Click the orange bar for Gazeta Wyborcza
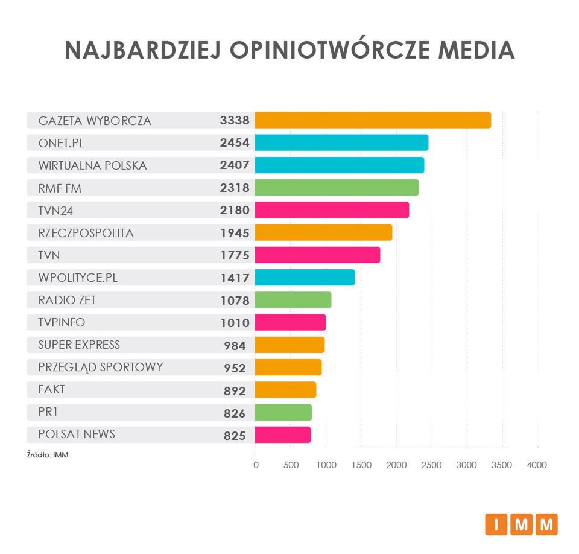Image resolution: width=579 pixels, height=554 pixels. [x=373, y=120]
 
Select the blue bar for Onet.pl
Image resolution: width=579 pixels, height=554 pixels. [x=341, y=142]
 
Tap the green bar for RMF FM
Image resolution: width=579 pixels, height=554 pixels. [x=337, y=188]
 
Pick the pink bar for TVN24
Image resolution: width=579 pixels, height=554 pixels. [x=332, y=210]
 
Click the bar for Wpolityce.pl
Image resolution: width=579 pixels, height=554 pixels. [x=305, y=278]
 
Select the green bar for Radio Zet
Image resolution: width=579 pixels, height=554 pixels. [x=293, y=300]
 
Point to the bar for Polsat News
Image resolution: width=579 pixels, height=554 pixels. [x=283, y=435]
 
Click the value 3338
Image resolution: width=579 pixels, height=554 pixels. [x=235, y=120]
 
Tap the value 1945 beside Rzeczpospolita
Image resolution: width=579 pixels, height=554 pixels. [x=235, y=233]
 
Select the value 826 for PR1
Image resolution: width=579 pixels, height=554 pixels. [x=235, y=413]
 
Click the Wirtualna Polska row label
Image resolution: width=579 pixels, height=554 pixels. [x=92, y=165]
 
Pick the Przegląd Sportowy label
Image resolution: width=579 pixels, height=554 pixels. [x=100, y=367]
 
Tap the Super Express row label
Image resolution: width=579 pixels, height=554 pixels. [x=79, y=345]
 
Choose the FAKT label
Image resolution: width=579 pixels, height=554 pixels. [x=51, y=390]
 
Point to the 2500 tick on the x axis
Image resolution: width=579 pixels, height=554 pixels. [x=431, y=465]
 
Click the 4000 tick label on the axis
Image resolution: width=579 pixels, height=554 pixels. [x=537, y=465]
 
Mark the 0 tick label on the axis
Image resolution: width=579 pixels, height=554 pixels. [x=256, y=465]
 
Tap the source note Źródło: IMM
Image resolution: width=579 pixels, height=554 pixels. [x=47, y=454]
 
